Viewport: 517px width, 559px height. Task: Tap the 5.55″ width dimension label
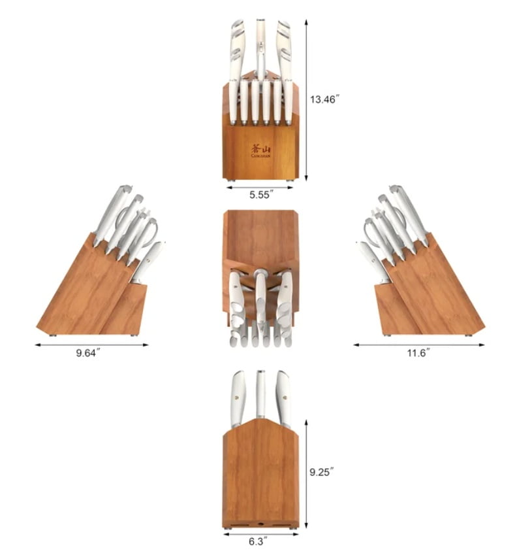261,195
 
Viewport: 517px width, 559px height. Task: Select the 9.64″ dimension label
88,353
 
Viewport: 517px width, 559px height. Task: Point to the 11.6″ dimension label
418,353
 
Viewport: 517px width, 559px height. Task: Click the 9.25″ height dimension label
322,472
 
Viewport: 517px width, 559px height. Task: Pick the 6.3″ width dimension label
258,542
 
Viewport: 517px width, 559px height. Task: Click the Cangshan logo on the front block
261,150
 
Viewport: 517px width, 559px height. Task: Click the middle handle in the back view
260,394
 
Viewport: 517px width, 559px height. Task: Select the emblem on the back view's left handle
238,396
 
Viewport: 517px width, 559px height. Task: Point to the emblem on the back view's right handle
285,396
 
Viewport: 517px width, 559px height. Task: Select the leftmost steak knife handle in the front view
233,103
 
